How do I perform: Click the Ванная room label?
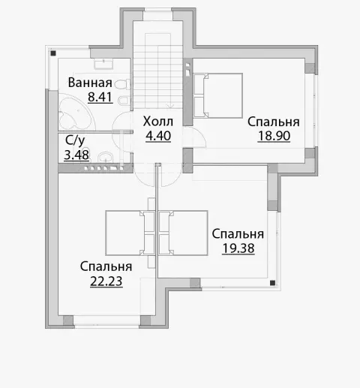[90, 83]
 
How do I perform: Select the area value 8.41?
[100, 97]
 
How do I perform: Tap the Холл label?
[158, 122]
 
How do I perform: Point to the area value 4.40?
[158, 136]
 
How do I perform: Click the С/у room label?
[75, 140]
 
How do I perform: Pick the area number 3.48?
[76, 155]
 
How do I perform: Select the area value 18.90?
[274, 136]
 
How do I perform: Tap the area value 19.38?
[238, 248]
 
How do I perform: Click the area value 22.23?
[106, 281]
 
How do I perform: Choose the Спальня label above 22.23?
[106, 266]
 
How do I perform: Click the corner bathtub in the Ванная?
[76, 112]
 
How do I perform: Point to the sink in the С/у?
[105, 157]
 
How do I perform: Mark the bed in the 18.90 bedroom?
[218, 95]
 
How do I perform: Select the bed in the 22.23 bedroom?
[130, 233]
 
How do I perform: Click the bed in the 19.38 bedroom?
[183, 233]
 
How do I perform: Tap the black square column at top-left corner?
[53, 53]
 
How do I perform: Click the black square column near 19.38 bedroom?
[272, 283]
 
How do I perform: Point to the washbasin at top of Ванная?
[103, 64]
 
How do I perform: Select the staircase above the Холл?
[158, 71]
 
